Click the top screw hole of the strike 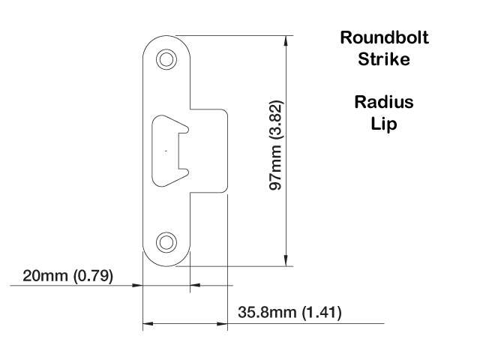(166, 59)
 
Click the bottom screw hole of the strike (166, 241)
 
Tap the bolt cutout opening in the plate (168, 150)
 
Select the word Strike (384, 58)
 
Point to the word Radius (384, 101)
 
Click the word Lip (383, 123)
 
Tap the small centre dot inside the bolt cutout (166, 151)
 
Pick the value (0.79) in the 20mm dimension (93, 276)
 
